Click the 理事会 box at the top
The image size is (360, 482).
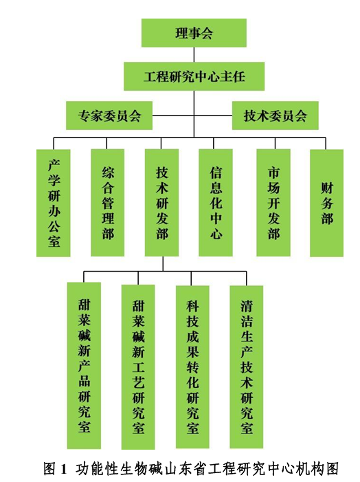194,33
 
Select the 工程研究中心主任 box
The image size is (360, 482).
194,76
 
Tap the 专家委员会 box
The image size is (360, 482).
109,116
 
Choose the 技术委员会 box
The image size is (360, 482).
275,116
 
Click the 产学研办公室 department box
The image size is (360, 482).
54,204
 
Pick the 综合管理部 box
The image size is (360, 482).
107,203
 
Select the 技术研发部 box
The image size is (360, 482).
162,203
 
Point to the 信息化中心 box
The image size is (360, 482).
216,203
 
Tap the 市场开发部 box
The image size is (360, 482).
273,203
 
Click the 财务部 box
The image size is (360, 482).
326,204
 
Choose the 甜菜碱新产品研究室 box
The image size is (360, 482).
85,366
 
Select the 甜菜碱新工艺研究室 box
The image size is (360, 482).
138,367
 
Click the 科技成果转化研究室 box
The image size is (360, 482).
192,367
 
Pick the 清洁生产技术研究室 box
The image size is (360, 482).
247,367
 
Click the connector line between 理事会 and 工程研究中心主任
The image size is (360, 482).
194,55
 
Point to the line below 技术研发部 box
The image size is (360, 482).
163,264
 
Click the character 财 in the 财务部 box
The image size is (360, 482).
327,188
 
